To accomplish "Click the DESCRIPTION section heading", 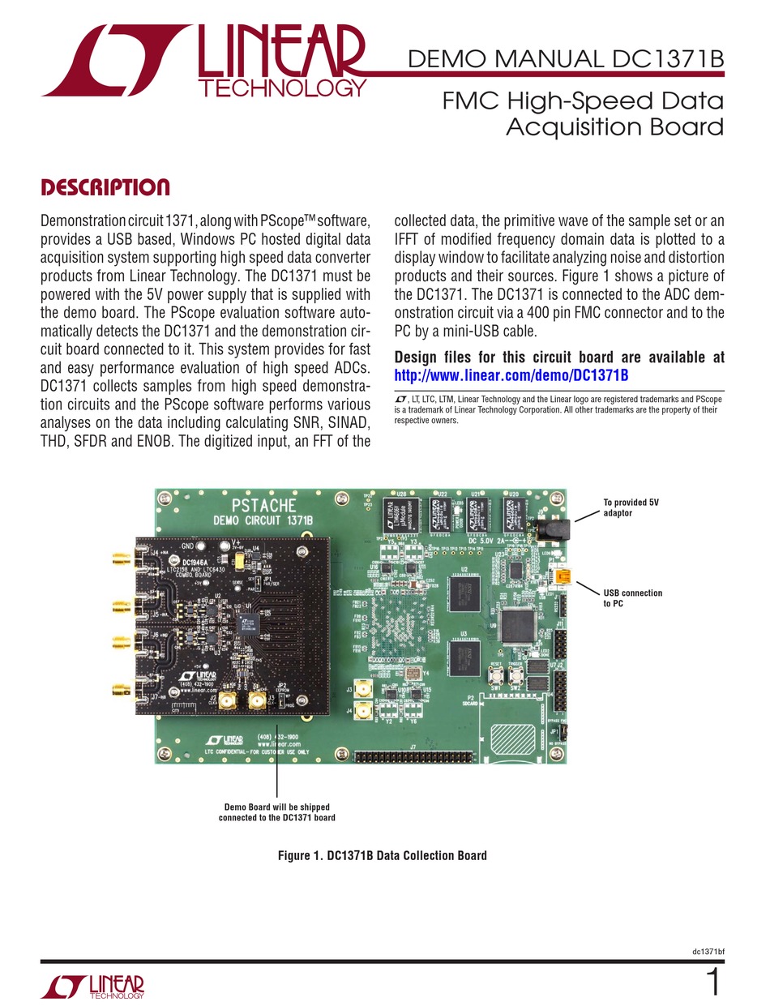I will click(x=105, y=188).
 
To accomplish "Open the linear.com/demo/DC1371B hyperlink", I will click(x=511, y=375).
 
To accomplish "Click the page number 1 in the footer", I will click(x=713, y=983).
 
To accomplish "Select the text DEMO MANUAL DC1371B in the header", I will click(x=566, y=59).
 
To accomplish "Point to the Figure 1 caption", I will click(x=382, y=855).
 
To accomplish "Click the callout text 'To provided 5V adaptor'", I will click(x=631, y=507).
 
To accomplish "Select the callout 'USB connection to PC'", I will click(x=632, y=598).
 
